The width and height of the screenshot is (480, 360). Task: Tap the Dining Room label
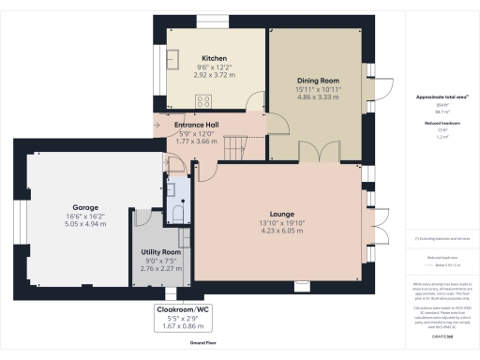318,82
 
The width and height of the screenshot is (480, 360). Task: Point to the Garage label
86,207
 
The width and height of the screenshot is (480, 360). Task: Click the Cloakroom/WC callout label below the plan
190,308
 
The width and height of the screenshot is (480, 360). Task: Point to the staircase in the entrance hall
243,144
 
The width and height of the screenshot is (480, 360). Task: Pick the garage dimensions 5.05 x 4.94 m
86,224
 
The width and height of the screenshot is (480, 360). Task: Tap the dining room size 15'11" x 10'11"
318,90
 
